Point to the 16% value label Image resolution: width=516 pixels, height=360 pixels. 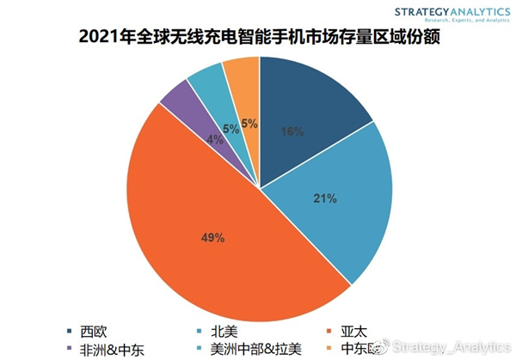tap(292, 131)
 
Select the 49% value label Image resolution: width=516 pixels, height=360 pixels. tap(213, 236)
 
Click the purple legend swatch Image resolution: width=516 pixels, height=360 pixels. tap(70, 348)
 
